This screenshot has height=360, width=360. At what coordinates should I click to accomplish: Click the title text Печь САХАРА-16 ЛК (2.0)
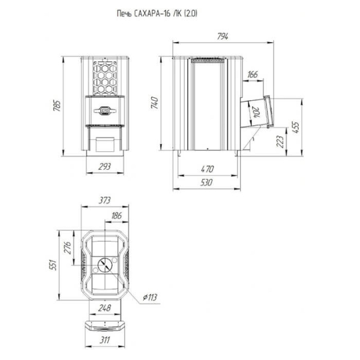point(157,14)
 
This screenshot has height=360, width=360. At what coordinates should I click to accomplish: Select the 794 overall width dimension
point(223,37)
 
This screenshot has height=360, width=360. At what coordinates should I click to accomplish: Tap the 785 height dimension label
point(57,106)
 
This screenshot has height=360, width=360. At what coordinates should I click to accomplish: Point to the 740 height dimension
point(154,103)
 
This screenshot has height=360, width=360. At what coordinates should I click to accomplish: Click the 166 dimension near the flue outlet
point(253,74)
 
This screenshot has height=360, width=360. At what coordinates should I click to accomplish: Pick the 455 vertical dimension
point(296,127)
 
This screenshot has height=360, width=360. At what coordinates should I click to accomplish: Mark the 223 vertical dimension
point(280,142)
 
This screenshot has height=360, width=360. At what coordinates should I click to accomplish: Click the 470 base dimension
point(207,169)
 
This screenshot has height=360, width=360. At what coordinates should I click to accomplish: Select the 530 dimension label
point(206,182)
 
